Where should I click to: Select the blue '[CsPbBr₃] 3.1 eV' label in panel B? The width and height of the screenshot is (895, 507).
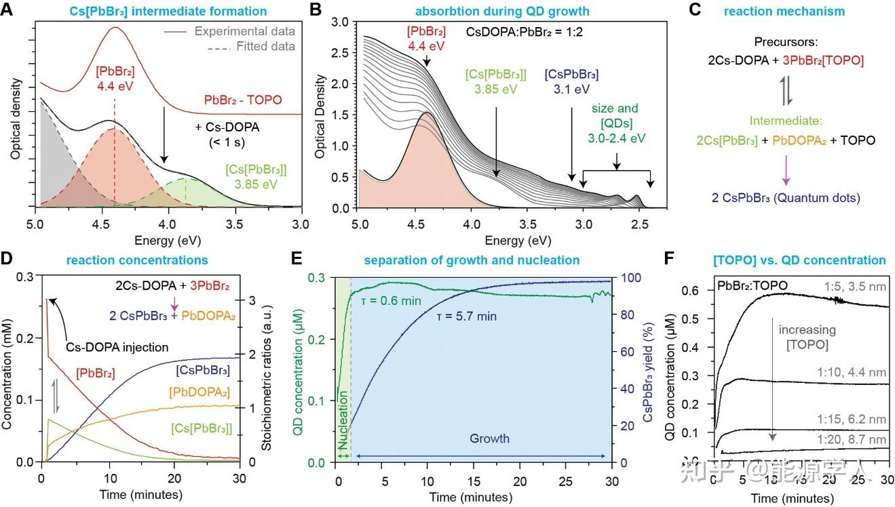[x=571, y=81]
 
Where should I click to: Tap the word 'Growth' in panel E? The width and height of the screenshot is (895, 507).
[x=490, y=439]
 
